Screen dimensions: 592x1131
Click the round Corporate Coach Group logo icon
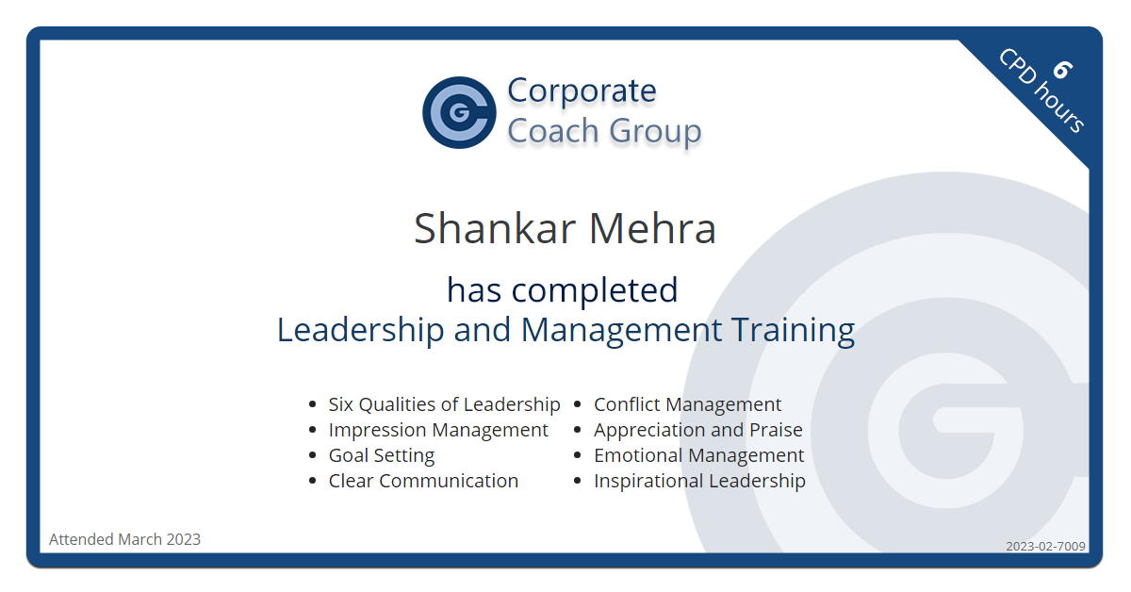pos(459,112)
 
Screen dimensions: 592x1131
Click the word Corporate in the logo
pos(582,90)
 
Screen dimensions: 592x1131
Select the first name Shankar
pos(495,229)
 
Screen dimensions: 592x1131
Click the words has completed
pos(563,289)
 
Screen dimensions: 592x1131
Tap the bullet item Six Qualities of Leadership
pos(444,404)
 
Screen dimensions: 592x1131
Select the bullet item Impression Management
pos(438,430)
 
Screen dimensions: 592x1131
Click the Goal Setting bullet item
pos(382,455)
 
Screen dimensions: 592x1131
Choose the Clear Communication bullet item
pos(423,481)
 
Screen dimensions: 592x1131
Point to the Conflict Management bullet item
pos(687,404)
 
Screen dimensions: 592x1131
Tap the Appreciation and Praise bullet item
pos(697,430)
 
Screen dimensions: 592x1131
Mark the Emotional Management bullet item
pos(698,455)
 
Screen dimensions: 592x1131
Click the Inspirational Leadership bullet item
pos(699,481)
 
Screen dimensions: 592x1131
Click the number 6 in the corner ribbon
pos(1062,70)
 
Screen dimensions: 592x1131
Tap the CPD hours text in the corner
pos(1041,91)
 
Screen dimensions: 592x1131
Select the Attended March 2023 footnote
pos(124,539)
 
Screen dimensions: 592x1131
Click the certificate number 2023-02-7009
pos(1045,546)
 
